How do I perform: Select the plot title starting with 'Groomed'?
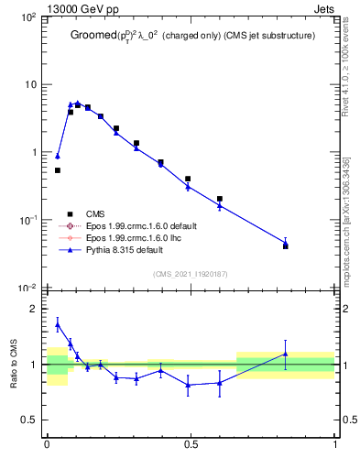point(192,38)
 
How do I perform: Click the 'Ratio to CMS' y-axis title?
point(14,364)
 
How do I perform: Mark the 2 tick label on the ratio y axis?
point(34,309)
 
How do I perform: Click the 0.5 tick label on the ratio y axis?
point(29,420)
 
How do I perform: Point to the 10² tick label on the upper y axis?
point(29,17)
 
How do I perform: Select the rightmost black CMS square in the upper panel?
point(286,246)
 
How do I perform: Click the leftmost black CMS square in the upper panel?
point(58,170)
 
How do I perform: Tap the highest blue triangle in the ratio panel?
point(58,324)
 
